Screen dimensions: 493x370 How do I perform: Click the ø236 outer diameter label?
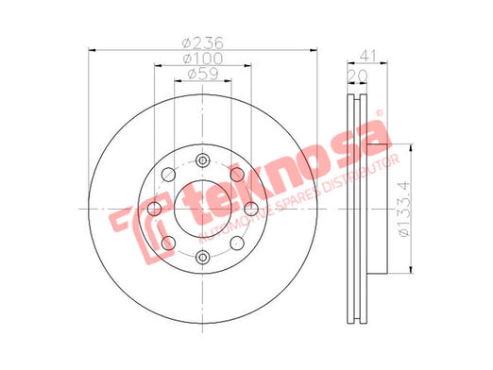click(x=203, y=42)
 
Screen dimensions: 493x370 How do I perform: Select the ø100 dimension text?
click(x=203, y=59)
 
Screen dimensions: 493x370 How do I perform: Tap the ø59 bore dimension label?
click(x=203, y=74)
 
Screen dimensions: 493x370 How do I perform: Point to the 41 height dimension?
click(x=367, y=57)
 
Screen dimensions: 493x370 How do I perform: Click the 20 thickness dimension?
click(x=357, y=76)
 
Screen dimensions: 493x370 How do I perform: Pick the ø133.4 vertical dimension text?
click(x=404, y=210)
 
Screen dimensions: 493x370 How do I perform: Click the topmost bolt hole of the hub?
click(x=202, y=160)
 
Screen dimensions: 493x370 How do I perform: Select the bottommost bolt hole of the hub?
click(x=202, y=257)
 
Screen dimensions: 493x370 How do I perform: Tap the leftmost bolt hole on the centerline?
click(x=154, y=209)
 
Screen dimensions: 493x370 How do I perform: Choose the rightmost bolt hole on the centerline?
click(x=251, y=209)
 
